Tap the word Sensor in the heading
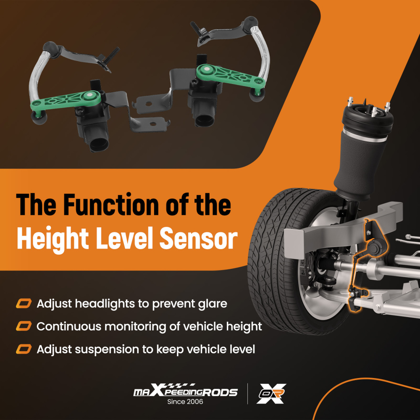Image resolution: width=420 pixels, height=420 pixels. [199, 238]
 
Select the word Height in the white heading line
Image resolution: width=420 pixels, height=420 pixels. [53, 239]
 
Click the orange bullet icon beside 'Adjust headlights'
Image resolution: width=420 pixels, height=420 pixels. [24, 304]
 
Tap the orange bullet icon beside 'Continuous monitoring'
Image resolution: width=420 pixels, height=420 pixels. [24, 326]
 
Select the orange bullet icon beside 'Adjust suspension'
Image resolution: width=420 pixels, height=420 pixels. [24, 349]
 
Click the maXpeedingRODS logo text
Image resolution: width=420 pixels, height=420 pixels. [185, 391]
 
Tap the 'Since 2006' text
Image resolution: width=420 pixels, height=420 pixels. [185, 402]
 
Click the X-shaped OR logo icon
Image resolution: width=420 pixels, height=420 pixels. [271, 393]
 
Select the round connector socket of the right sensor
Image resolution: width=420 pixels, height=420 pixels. [205, 119]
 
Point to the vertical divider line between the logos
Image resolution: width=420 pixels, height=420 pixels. [247, 394]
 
